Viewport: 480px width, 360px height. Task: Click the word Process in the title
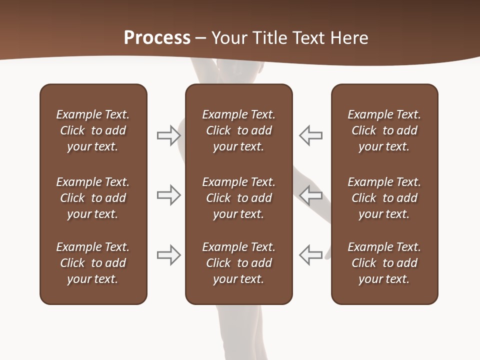[x=157, y=38]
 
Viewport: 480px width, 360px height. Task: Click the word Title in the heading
[x=269, y=38]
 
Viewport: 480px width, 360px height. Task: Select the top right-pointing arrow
[x=168, y=135]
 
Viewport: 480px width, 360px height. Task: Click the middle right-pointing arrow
[x=168, y=195]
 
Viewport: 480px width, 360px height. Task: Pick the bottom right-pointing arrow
[x=168, y=255]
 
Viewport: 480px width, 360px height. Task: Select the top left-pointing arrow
[x=311, y=135]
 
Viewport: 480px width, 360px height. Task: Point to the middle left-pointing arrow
[x=311, y=195]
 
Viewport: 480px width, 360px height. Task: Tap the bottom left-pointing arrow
[x=311, y=255]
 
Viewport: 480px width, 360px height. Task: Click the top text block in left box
[x=93, y=130]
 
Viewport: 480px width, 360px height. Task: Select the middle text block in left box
[x=93, y=198]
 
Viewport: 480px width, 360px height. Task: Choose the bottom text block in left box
[x=93, y=263]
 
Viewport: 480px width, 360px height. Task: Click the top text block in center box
[x=238, y=130]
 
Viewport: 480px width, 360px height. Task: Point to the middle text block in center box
[x=238, y=198]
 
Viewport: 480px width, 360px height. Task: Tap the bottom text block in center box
[x=238, y=263]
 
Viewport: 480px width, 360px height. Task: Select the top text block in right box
[x=384, y=130]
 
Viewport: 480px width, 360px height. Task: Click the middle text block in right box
[x=384, y=198]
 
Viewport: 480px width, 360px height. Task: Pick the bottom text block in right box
[x=384, y=263]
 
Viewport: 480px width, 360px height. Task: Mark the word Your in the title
[x=228, y=38]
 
